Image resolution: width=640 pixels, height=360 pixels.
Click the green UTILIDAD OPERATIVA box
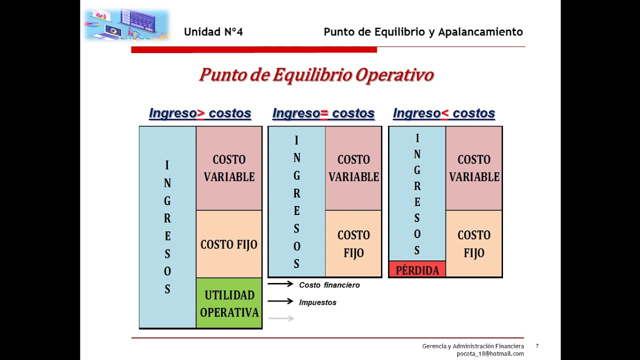click(229, 303)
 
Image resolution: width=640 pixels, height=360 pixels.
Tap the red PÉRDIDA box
click(417, 269)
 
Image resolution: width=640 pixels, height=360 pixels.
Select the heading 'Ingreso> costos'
click(200, 113)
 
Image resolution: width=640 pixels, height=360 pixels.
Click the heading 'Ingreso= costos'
click(323, 113)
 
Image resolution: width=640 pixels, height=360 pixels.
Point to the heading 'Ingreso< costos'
click(444, 113)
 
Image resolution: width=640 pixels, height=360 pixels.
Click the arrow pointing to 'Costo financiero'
click(280, 283)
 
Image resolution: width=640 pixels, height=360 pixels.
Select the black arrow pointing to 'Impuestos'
click(280, 301)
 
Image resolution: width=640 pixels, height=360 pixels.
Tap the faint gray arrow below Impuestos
click(281, 318)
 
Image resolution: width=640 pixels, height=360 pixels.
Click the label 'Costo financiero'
click(329, 285)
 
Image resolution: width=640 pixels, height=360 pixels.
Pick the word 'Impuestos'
click(317, 302)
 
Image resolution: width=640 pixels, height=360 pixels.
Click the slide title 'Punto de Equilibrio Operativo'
click(316, 75)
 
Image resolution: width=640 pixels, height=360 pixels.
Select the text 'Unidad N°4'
click(213, 31)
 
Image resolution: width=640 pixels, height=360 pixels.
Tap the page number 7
click(537, 346)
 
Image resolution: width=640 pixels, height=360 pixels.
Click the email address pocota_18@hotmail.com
click(490, 353)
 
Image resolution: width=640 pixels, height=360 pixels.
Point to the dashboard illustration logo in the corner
click(127, 25)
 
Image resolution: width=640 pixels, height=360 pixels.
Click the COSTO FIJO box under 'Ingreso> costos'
click(229, 244)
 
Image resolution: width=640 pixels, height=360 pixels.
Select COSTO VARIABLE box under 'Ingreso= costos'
click(353, 168)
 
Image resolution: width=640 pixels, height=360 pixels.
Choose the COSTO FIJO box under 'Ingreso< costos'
click(474, 243)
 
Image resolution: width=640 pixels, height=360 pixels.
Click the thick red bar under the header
click(254, 49)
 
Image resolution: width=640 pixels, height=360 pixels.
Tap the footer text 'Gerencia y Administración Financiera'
click(473, 346)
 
